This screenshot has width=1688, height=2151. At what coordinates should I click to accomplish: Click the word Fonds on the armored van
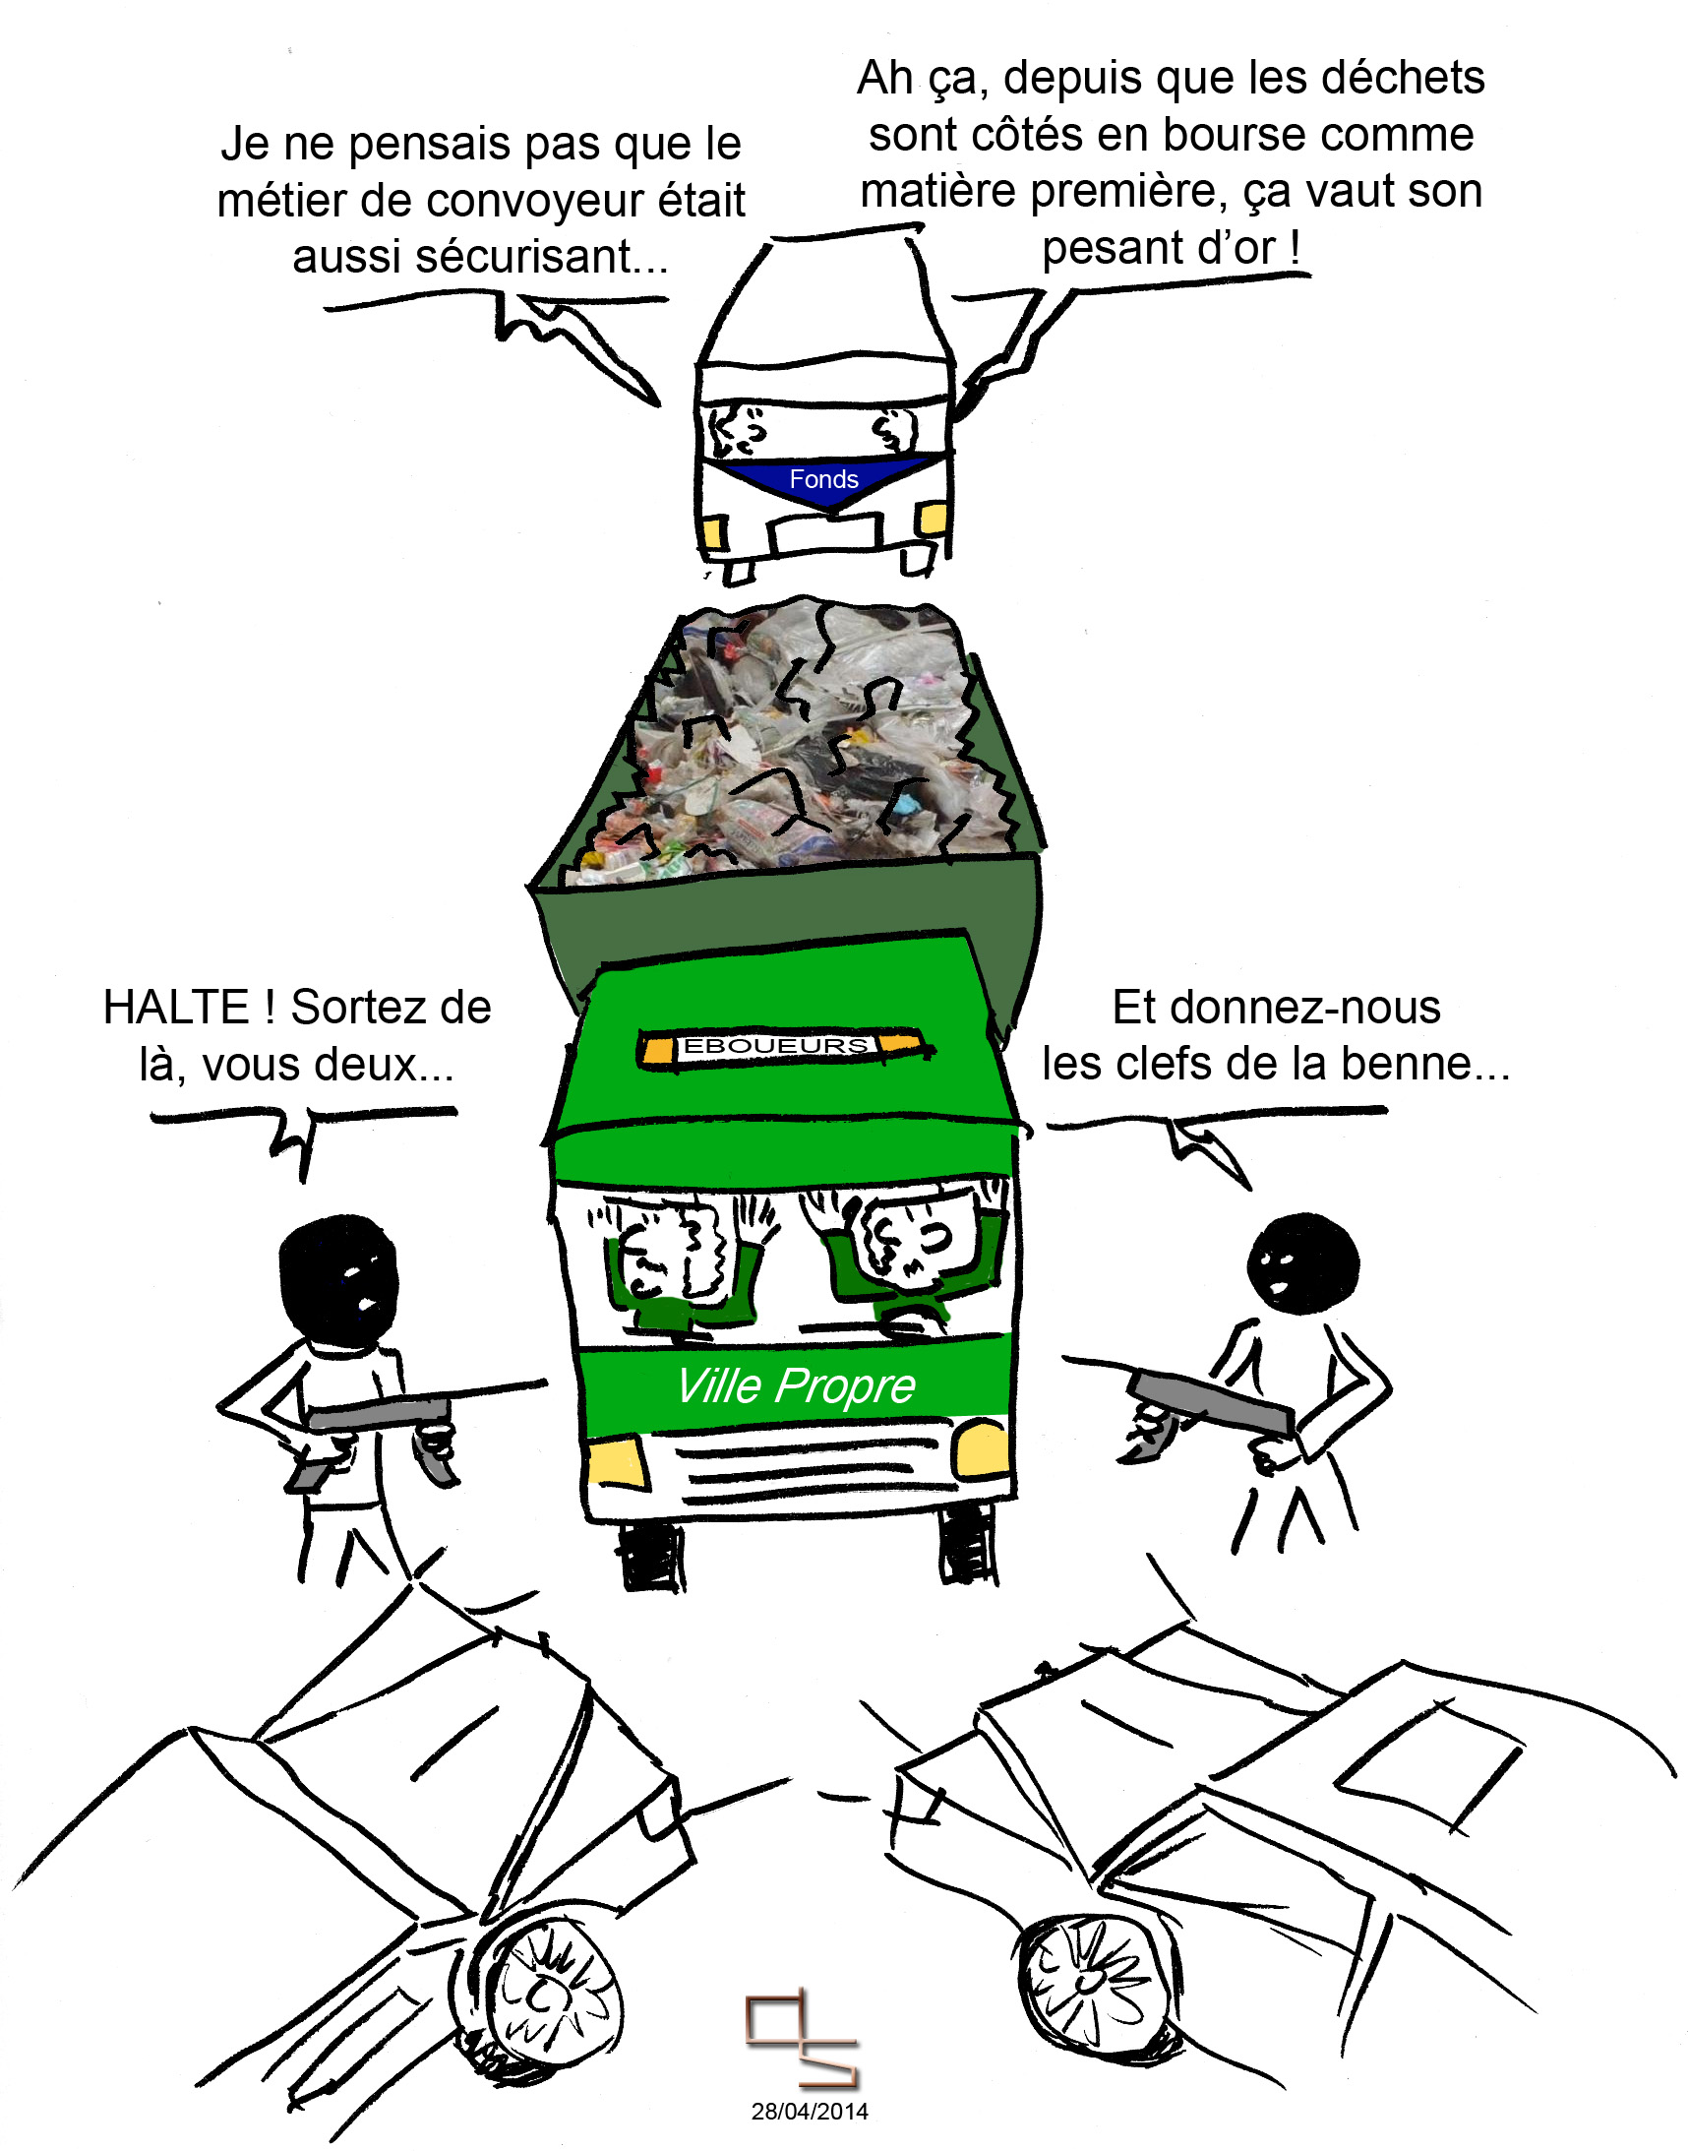(823, 479)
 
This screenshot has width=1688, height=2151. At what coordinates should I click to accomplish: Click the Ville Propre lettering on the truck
(796, 1385)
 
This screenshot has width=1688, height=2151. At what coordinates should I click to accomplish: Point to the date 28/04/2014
(810, 2112)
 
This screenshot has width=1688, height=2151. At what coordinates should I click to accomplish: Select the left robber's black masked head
(338, 1281)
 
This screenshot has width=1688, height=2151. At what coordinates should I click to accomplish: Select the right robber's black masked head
(1302, 1263)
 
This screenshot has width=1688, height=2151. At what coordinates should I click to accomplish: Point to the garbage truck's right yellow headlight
(982, 1449)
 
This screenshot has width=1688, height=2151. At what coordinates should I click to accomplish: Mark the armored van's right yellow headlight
(933, 517)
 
